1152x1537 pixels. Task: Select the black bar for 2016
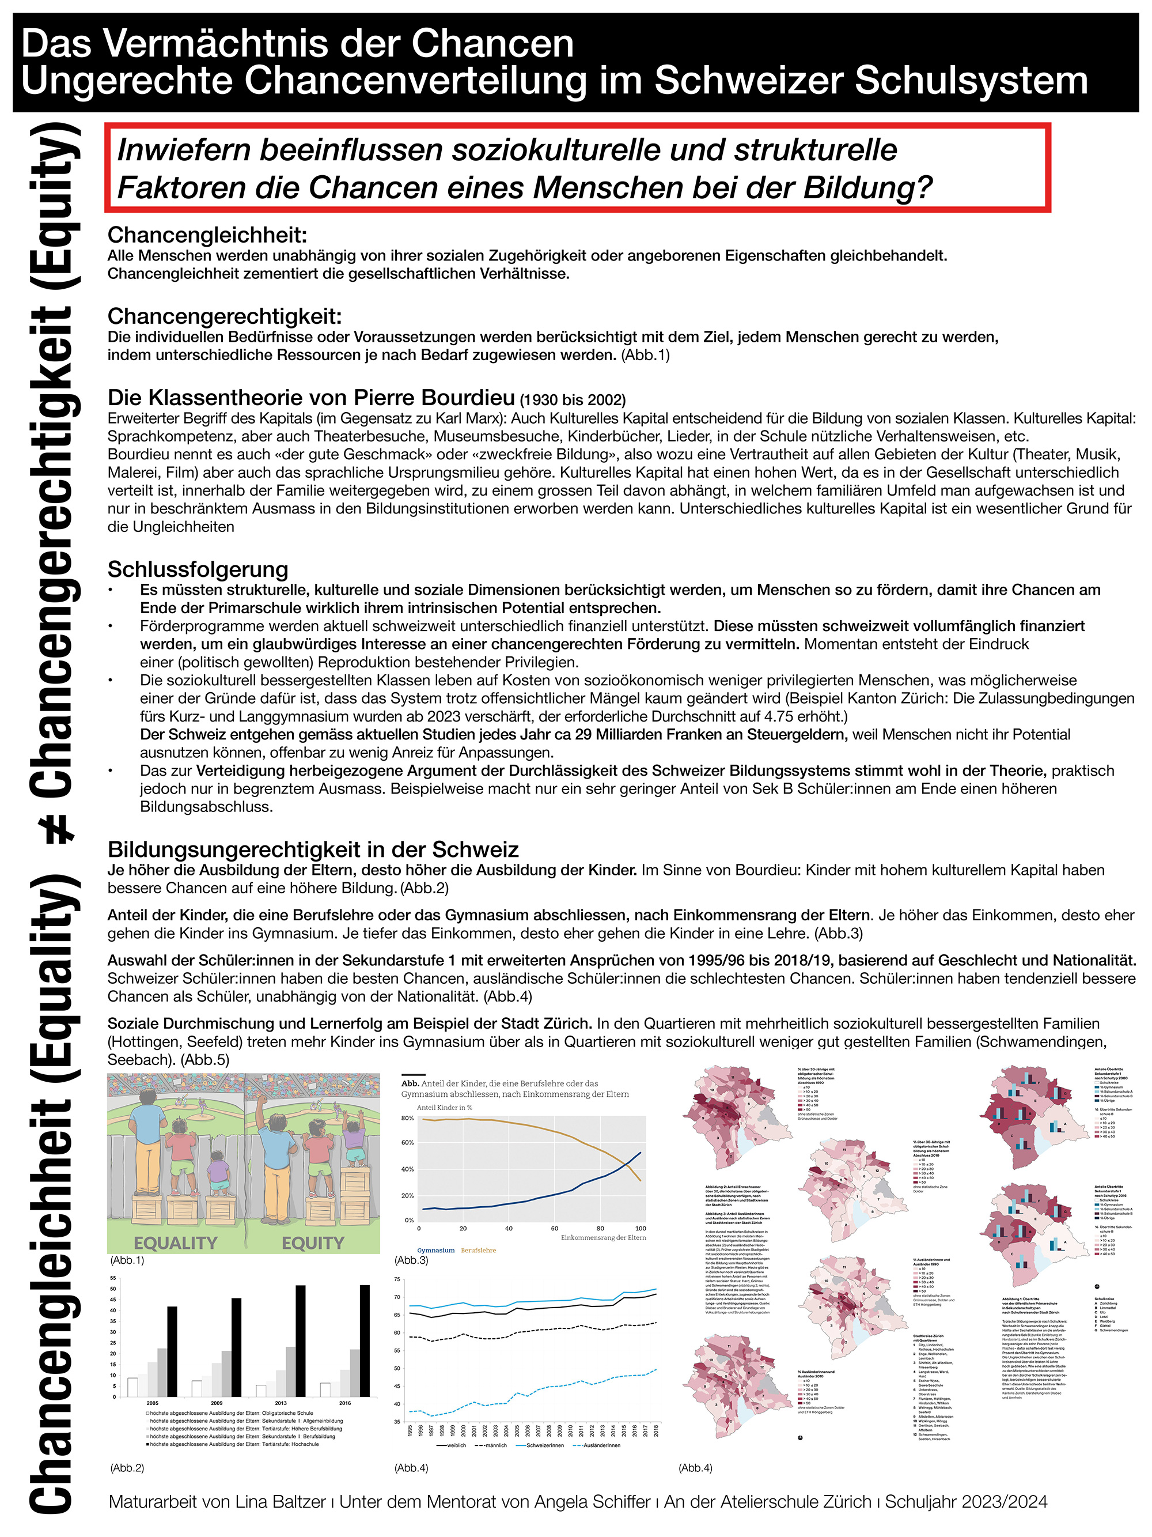[364, 1342]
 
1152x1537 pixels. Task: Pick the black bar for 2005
[172, 1352]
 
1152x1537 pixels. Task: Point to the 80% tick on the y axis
[408, 1118]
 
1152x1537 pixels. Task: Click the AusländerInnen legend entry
[601, 1445]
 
